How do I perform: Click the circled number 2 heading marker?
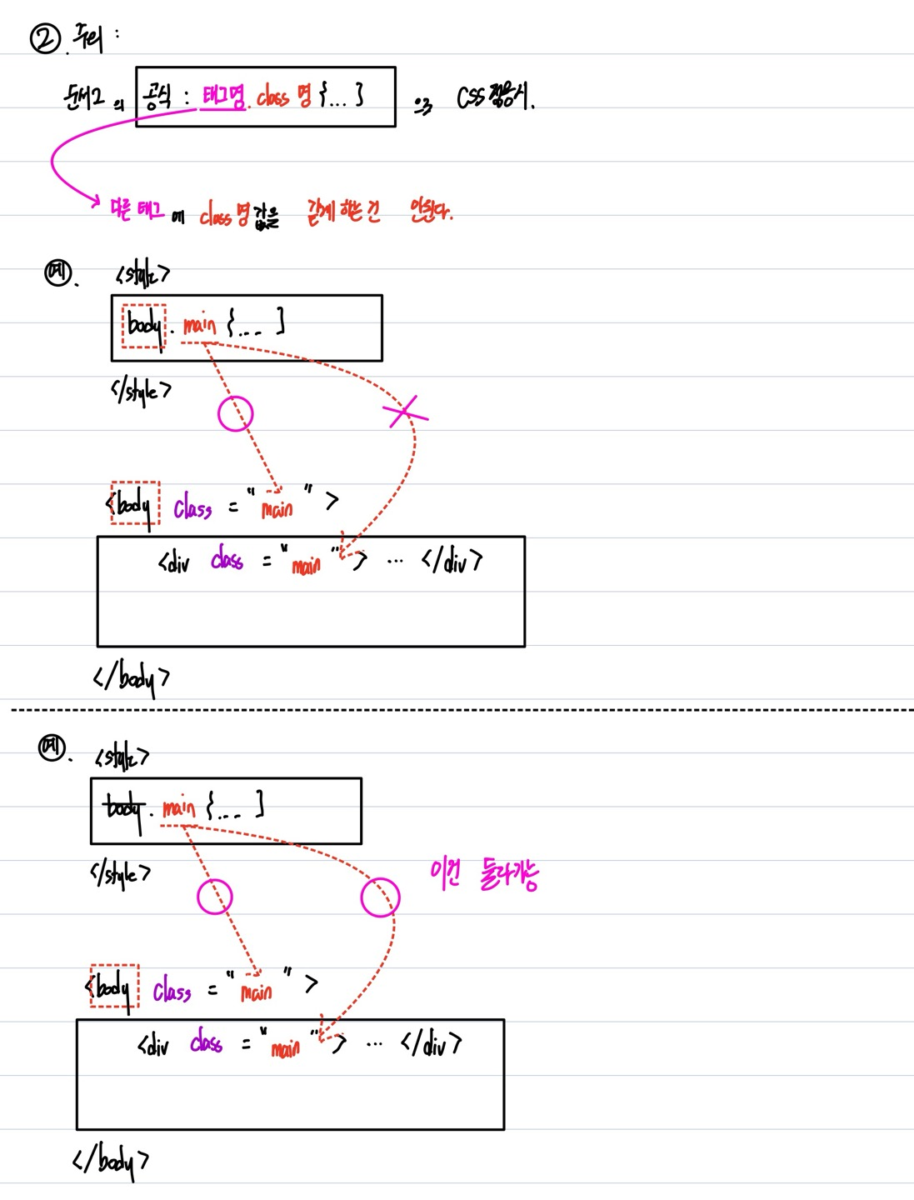coord(44,38)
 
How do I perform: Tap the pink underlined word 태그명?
coord(222,98)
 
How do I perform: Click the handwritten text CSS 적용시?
coord(495,98)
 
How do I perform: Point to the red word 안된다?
coord(431,211)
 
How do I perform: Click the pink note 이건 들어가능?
coord(484,874)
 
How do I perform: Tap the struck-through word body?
coord(123,808)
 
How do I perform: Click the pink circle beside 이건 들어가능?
coord(380,897)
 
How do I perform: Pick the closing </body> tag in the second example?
coord(111,1160)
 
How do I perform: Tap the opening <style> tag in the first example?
coord(142,273)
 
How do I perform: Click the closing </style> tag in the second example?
coord(121,873)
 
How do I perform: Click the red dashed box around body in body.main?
coord(144,326)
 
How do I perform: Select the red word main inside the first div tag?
coord(306,566)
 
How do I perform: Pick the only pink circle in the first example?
coord(235,413)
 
